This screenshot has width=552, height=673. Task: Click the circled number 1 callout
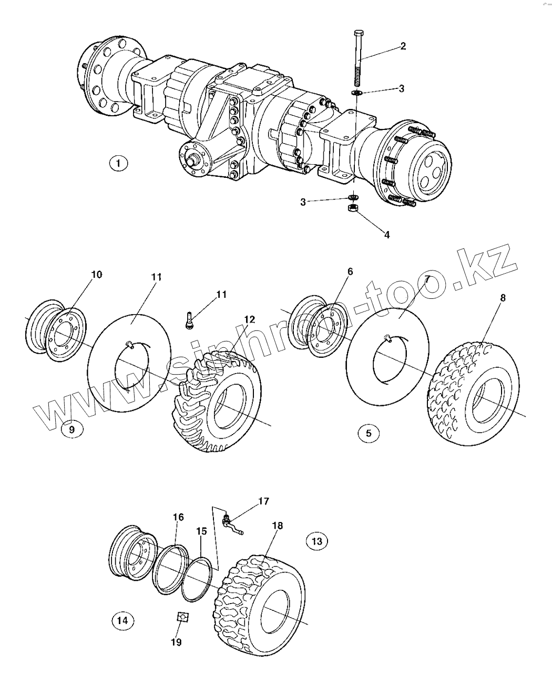118,164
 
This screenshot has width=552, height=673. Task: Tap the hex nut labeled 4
352,208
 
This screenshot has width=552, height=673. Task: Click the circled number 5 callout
369,434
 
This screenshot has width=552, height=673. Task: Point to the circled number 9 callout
72,429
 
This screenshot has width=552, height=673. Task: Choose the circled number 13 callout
316,541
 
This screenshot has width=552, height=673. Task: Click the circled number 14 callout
123,620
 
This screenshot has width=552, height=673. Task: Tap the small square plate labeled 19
183,617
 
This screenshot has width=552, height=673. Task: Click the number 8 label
503,298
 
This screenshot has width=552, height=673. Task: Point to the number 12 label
250,319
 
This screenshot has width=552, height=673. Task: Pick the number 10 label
97,275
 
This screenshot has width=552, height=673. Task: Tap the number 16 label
179,517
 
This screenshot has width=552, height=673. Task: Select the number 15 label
201,531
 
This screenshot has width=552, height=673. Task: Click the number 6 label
350,272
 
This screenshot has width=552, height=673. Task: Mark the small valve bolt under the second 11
189,320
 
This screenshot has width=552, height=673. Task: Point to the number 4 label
387,235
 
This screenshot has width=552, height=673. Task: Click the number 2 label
403,46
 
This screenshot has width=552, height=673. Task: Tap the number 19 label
176,642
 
